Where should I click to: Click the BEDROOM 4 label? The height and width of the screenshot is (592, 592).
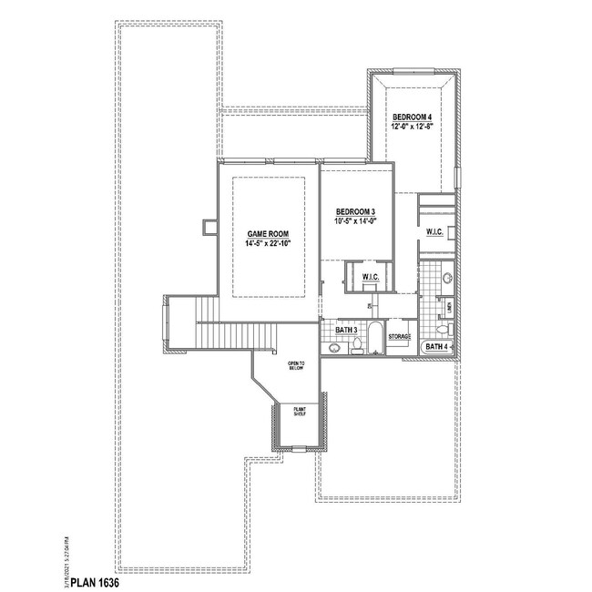[412, 118]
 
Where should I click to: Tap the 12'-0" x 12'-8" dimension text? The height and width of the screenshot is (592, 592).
[412, 128]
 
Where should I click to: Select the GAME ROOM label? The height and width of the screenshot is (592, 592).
[269, 235]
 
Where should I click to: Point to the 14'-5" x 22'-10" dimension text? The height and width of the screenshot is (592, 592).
[269, 244]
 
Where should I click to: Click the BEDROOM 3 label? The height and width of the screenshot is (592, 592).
[354, 210]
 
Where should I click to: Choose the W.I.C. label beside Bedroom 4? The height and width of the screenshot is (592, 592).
[434, 233]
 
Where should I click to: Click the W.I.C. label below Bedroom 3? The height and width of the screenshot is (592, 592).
[370, 277]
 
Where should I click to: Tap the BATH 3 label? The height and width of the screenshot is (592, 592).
[346, 329]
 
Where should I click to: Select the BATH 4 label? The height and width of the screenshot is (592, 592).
[437, 347]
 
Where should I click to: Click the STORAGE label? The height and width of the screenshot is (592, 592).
[400, 337]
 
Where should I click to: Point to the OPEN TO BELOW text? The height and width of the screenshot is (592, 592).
[297, 367]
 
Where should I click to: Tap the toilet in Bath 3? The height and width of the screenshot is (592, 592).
[357, 345]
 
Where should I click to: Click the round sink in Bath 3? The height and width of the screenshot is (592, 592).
[334, 347]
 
